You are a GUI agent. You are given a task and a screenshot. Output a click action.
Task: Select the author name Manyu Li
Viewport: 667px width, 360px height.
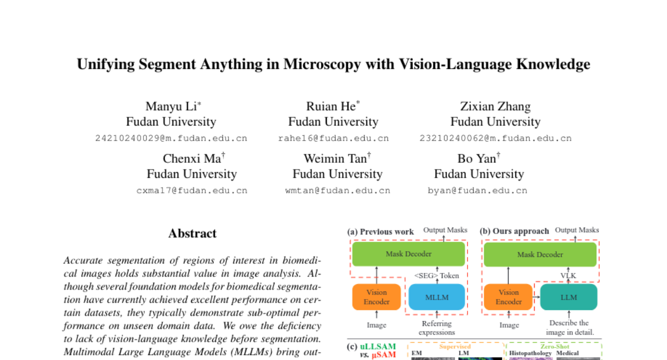point(171,106)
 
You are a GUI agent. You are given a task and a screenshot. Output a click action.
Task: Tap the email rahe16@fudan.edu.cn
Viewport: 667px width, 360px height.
point(333,138)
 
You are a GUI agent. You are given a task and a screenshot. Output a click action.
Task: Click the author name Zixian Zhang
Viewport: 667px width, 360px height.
point(495,106)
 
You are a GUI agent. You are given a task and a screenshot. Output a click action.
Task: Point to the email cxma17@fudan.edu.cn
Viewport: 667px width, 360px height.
point(192,191)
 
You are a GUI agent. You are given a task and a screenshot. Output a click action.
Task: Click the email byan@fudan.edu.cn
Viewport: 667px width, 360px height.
point(477,191)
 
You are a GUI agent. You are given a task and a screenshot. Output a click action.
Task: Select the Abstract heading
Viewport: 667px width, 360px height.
point(192,233)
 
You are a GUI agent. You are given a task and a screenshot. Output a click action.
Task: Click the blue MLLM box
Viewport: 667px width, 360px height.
point(437,297)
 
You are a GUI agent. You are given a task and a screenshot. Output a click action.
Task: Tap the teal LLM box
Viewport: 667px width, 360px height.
point(569,297)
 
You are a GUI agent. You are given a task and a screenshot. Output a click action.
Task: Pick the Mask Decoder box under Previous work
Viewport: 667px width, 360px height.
point(409,254)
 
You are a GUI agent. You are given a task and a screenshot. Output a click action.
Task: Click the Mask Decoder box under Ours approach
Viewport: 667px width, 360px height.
point(540,254)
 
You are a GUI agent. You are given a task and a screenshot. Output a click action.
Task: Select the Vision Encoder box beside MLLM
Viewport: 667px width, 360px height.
point(377,297)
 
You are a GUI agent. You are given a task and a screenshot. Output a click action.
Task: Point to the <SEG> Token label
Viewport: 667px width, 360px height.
point(437,276)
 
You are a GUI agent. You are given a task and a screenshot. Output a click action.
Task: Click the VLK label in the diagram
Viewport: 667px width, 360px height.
point(569,276)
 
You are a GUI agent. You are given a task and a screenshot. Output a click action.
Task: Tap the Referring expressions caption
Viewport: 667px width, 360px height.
point(437,328)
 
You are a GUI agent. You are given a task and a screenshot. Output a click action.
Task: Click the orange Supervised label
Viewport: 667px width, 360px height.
point(455,346)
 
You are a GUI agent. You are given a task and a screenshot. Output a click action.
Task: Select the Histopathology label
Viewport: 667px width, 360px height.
point(530,353)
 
